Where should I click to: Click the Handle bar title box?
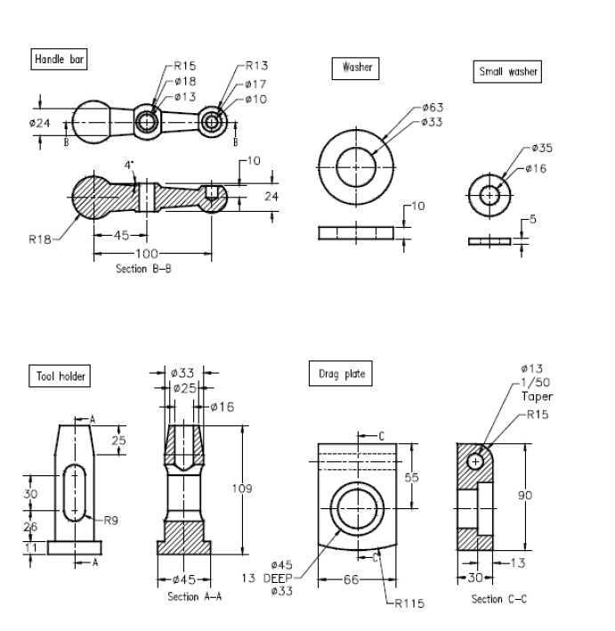pos(59,59)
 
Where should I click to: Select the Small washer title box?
pos(507,71)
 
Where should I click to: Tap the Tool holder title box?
pos(60,376)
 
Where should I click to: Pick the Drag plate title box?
pos(341,374)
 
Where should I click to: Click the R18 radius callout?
pos(40,239)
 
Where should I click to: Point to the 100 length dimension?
pos(147,254)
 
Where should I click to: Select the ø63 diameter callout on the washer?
pos(433,108)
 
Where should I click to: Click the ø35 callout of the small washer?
pos(542,148)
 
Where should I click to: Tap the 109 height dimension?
pos(242,489)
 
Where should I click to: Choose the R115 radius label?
pos(409,603)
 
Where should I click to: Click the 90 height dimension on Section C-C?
pos(525,495)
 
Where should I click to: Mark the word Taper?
pos(537,396)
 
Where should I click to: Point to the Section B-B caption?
pos(143,269)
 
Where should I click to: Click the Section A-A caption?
pos(194,596)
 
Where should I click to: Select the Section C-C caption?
pos(498,599)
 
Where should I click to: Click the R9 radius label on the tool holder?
pos(110,521)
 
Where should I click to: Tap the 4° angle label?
pos(129,165)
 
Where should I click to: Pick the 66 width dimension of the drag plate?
pos(351,579)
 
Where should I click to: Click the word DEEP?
pos(278,578)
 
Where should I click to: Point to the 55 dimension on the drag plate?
pos(411,477)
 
